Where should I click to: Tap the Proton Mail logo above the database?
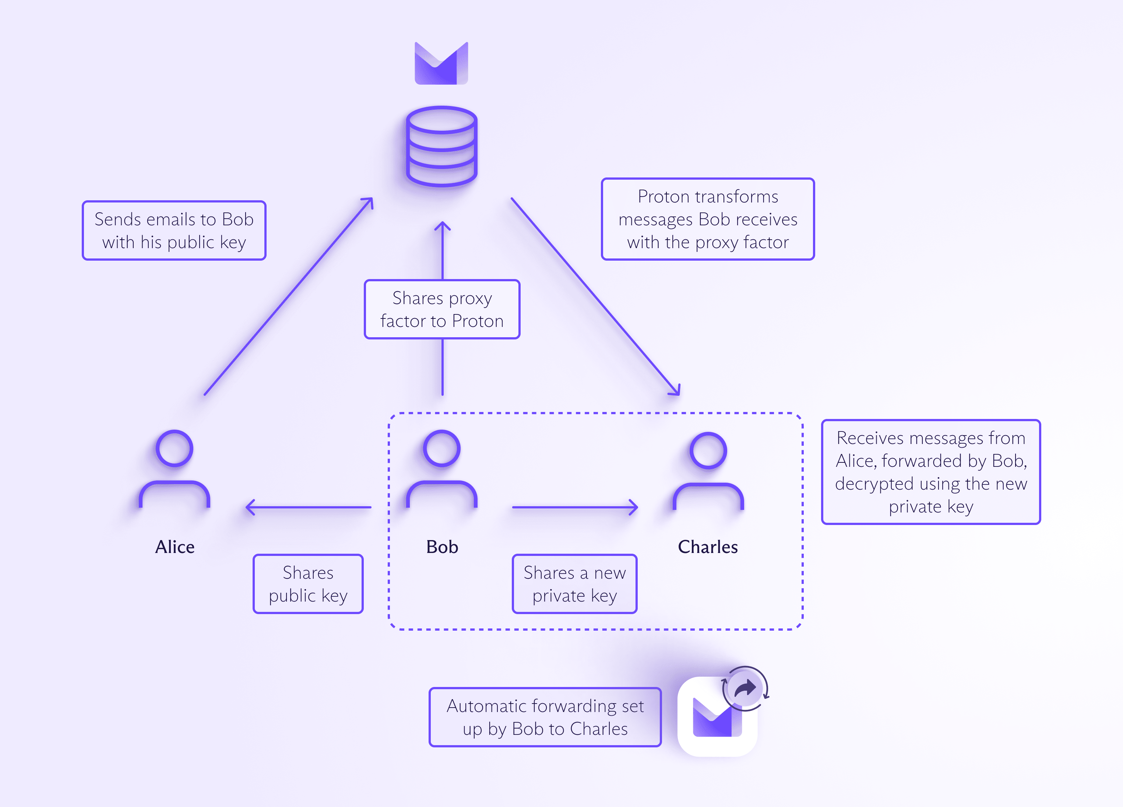click(441, 63)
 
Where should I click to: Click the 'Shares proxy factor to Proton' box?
click(442, 309)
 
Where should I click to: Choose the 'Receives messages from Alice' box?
click(930, 472)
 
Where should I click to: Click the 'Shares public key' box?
click(308, 584)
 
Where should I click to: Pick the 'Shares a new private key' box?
click(574, 584)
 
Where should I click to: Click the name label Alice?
click(175, 547)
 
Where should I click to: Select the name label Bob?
click(442, 547)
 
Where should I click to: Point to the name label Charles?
click(708, 547)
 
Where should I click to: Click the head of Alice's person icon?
click(174, 448)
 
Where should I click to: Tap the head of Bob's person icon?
click(442, 448)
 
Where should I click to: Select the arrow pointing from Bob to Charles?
click(575, 507)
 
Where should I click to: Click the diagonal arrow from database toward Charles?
click(595, 297)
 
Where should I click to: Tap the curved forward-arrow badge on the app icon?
click(745, 688)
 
